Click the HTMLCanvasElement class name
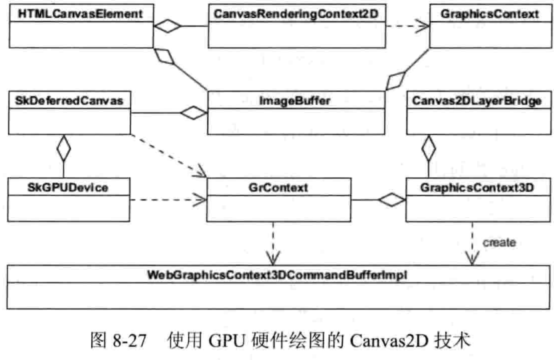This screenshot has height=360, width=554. click(x=80, y=14)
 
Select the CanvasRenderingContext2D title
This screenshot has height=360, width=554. click(x=296, y=14)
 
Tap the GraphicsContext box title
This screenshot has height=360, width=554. click(x=490, y=14)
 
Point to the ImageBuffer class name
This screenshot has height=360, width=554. click(x=294, y=101)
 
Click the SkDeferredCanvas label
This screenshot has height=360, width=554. click(x=69, y=101)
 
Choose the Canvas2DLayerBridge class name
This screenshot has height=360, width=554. click(x=477, y=101)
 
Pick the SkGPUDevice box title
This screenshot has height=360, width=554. click(x=67, y=188)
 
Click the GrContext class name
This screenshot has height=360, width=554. click(x=278, y=188)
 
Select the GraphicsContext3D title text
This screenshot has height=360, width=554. click(x=477, y=188)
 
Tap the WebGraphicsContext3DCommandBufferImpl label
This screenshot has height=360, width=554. click(x=277, y=275)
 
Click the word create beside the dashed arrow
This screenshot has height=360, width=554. click(x=499, y=243)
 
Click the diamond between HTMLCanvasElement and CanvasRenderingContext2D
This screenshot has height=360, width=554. click(x=167, y=26)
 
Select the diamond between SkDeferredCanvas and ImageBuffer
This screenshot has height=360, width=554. click(x=193, y=113)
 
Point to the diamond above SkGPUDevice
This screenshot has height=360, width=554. click(x=64, y=149)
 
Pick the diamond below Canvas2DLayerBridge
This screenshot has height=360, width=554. click(x=429, y=149)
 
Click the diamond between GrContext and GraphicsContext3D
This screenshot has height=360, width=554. click(x=392, y=200)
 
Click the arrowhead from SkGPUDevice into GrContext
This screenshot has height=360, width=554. click(x=201, y=200)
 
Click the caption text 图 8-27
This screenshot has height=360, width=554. click(x=118, y=340)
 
